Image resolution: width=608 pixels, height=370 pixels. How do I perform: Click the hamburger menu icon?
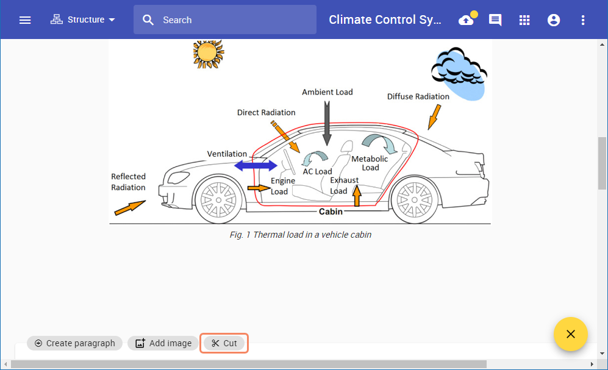25,20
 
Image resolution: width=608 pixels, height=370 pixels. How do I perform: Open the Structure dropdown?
83,20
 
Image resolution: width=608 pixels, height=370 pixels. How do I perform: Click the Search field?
232,20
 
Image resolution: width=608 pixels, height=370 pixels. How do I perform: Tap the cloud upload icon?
467,20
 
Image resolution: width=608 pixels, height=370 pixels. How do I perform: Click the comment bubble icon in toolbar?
495,20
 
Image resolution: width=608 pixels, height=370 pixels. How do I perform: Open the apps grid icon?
524,20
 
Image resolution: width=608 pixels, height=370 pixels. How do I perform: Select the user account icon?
554,20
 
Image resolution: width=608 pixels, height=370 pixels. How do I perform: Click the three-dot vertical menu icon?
583,20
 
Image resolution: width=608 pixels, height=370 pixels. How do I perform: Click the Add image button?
163,343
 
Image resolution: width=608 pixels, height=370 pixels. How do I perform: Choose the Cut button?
224,343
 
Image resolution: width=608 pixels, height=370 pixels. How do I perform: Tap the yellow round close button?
570,334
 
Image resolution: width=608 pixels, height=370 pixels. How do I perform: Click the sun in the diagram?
207,52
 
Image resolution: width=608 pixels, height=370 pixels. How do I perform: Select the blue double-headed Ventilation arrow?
256,165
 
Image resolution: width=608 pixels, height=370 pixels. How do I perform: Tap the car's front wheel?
218,199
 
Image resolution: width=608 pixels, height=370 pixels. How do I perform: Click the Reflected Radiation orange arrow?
129,207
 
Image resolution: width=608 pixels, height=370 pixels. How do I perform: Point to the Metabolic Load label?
370,163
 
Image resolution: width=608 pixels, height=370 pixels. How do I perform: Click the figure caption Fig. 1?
300,235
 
